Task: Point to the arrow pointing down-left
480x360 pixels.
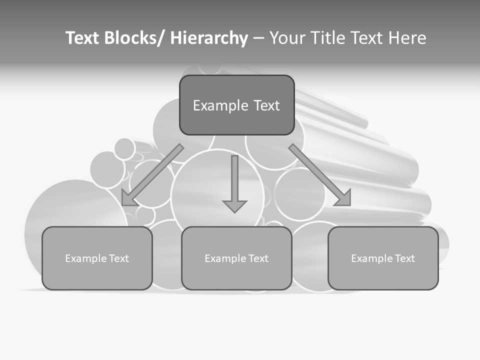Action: tap(152, 175)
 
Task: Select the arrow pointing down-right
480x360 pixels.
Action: tap(320, 175)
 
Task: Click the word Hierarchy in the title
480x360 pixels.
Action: tap(209, 38)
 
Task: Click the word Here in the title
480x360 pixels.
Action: tap(407, 38)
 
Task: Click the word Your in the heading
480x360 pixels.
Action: tap(286, 38)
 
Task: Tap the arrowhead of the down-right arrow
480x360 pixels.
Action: tap(344, 198)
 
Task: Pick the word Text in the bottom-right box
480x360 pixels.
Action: tap(404, 258)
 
